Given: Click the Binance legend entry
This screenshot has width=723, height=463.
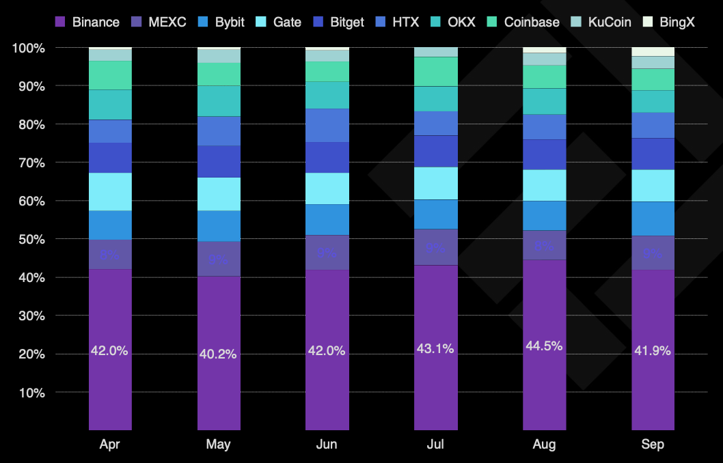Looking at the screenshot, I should tap(87, 22).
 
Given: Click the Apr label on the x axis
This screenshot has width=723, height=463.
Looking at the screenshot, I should tap(110, 445).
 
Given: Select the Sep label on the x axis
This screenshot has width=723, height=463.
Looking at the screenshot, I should tap(653, 445).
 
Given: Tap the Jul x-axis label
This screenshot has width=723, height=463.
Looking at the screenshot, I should tap(435, 445).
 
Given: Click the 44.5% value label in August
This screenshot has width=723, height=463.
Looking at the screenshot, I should tap(544, 346).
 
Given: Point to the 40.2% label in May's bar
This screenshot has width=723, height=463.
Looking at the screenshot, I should tap(219, 354).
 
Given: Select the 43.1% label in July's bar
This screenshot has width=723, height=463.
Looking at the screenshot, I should tap(435, 349).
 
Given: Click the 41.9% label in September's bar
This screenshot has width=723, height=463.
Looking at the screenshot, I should tap(653, 351).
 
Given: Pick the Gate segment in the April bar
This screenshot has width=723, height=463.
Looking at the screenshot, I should tap(110, 192).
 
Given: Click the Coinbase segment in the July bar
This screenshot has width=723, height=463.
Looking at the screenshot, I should tap(436, 71).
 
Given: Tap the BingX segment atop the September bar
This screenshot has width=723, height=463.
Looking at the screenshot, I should tap(653, 52).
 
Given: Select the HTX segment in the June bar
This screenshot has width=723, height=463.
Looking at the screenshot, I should tap(327, 125).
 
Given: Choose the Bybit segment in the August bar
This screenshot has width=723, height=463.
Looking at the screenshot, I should tap(544, 215).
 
